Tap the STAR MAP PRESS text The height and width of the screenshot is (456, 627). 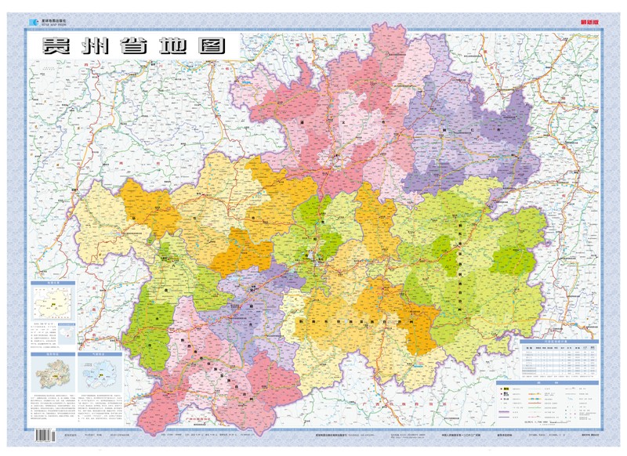[x=51, y=24]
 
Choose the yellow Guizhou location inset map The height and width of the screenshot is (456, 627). [x=53, y=302]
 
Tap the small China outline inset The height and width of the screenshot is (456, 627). [x=67, y=333]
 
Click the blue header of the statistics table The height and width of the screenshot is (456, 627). [x=557, y=342]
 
